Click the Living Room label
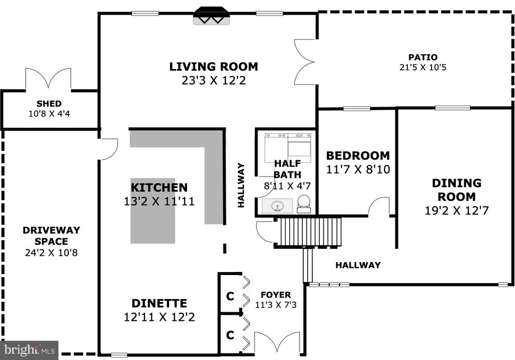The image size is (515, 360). tap(213, 67)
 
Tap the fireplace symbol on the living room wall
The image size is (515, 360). tap(211, 16)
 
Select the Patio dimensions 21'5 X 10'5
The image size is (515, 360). tap(423, 67)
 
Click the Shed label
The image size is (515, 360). tap(49, 104)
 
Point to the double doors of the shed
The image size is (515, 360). tap(48, 79)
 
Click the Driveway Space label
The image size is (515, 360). tap(51, 235)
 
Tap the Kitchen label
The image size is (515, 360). tap(159, 188)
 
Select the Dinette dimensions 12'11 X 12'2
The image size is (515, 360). tap(159, 317)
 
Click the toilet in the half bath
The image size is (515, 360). tap(303, 204)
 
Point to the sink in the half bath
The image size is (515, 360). tap(277, 206)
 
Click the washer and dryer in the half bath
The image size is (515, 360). tap(288, 147)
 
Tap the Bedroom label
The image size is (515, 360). tap(358, 155)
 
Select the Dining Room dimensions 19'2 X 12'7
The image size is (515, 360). tap(457, 211)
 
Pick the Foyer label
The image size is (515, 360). tap(276, 295)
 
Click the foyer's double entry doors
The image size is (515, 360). tap(277, 343)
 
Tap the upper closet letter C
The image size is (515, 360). tap(230, 296)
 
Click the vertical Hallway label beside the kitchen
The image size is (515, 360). tap(241, 185)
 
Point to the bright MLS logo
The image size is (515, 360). tap(29, 350)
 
